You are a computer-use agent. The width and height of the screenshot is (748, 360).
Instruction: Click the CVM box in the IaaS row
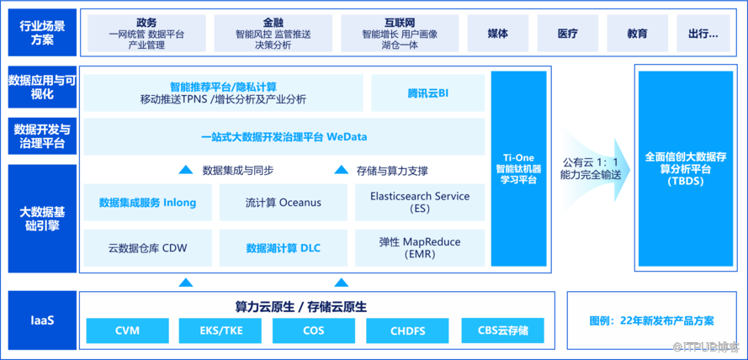coord(127,331)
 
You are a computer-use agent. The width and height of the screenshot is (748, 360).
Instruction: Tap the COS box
coord(314,331)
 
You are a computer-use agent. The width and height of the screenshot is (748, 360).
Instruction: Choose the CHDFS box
coord(407,331)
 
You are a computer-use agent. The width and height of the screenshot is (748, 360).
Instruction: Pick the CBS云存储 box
coord(501,331)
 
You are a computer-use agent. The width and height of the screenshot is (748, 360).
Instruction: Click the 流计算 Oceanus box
coord(283,203)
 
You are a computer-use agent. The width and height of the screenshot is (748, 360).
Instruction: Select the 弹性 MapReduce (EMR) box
coord(419,247)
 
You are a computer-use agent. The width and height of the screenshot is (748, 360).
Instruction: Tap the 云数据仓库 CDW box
coord(147,247)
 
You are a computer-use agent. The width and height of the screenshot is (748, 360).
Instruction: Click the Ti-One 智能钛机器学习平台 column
coord(520,168)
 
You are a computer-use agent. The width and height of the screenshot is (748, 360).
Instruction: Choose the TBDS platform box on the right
coord(684,168)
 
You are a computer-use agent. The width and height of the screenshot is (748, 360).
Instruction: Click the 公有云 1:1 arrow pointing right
coord(594,168)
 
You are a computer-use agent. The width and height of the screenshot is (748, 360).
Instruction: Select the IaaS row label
coord(39,321)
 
